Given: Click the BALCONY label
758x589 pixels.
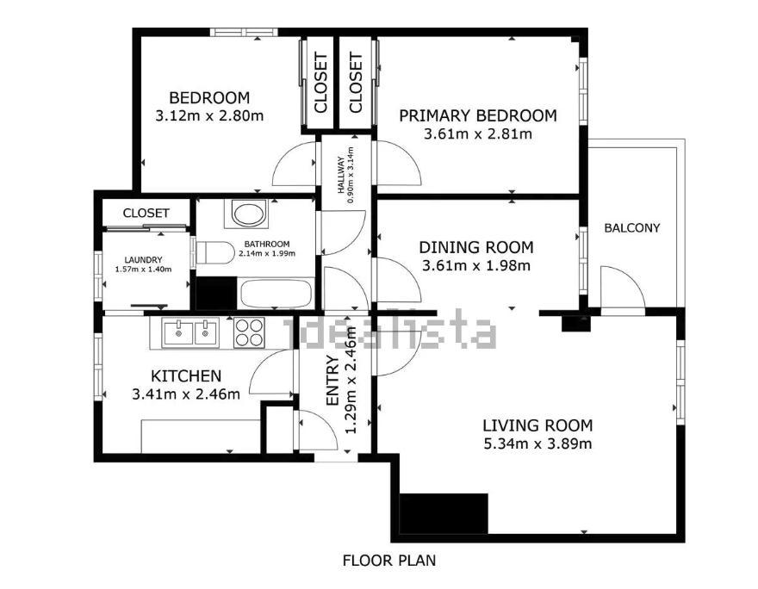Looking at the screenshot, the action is [x=632, y=227].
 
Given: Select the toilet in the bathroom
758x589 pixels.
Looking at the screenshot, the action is [x=215, y=252].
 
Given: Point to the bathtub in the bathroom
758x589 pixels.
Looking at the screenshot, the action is [x=276, y=294].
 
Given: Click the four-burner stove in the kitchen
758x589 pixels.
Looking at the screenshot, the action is [x=249, y=333].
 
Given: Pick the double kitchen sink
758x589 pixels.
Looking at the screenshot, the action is [x=190, y=332].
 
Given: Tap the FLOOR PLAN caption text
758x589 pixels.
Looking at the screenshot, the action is [x=389, y=561].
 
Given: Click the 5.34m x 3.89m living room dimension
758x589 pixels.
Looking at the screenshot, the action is [x=537, y=443].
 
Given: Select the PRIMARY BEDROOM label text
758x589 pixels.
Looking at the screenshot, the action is [x=477, y=116].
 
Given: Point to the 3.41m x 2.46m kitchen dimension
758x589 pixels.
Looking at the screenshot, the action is [x=186, y=394].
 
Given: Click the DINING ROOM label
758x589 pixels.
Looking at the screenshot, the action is [x=476, y=247].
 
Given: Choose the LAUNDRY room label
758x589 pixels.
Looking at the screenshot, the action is [x=143, y=260].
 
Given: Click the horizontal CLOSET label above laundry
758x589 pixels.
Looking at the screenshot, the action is [x=146, y=213].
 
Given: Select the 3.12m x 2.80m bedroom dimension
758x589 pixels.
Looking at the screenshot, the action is [x=209, y=116].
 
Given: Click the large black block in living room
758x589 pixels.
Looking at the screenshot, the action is [x=444, y=513].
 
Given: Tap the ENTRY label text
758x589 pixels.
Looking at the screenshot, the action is [x=332, y=381].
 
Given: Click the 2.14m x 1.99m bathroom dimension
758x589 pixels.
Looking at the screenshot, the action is [x=267, y=253].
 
